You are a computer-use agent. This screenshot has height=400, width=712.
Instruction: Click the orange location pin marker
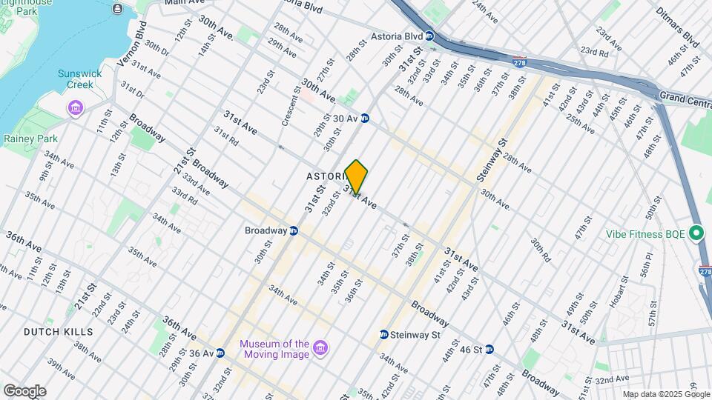pyautogui.click(x=357, y=177)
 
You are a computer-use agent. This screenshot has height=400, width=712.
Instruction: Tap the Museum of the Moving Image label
pyautogui.click(x=273, y=348)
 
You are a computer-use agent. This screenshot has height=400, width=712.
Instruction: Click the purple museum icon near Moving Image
pyautogui.click(x=320, y=347)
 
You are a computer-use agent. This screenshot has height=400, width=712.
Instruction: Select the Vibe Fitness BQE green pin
pyautogui.click(x=696, y=234)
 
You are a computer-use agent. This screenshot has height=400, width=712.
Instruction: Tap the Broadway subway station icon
pyautogui.click(x=294, y=230)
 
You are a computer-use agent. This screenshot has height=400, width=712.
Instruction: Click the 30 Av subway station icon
pyautogui.click(x=365, y=118)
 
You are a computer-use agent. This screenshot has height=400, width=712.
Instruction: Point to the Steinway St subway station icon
pyautogui.click(x=383, y=335)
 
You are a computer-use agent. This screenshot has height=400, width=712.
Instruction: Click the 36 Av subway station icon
pyautogui.click(x=221, y=353)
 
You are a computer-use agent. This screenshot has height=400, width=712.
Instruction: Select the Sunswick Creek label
pyautogui.click(x=76, y=79)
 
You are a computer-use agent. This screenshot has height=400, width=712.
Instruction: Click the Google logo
pyautogui.click(x=24, y=390)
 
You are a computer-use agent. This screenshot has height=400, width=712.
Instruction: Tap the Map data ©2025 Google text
pyautogui.click(x=665, y=394)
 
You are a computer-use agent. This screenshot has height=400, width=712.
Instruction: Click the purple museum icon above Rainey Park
pyautogui.click(x=76, y=110)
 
